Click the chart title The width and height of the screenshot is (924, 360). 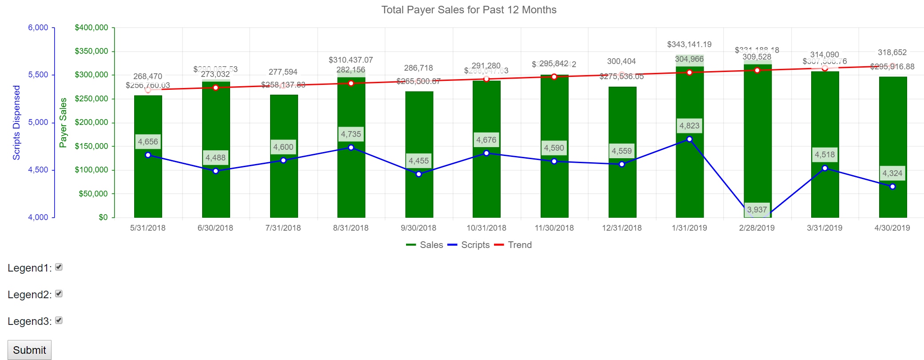point(469,10)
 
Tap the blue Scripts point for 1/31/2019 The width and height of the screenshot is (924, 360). point(689,139)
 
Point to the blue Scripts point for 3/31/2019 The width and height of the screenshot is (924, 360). point(824,168)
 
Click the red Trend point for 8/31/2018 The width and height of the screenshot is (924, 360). point(351,83)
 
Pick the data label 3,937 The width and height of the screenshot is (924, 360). point(757,210)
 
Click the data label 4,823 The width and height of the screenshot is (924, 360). point(689,126)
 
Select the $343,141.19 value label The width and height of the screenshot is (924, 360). point(689,44)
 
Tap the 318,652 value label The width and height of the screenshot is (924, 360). point(892,52)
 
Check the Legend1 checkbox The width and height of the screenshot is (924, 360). point(59,267)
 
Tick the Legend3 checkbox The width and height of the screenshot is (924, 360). point(59,320)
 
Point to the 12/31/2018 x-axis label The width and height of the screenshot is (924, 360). point(621,228)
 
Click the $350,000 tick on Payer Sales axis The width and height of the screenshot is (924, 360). point(92,51)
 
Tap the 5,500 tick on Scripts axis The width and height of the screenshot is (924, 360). point(38,75)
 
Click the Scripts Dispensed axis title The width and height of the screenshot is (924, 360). point(16,123)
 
